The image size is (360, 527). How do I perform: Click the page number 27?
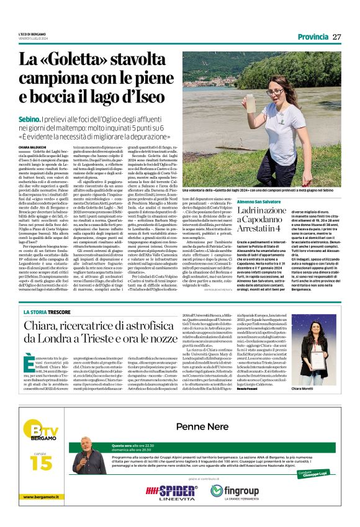click(x=336, y=37)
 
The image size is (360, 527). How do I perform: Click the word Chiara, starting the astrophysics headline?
click(x=45, y=327)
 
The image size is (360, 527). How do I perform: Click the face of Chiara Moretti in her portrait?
click(x=323, y=340)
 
